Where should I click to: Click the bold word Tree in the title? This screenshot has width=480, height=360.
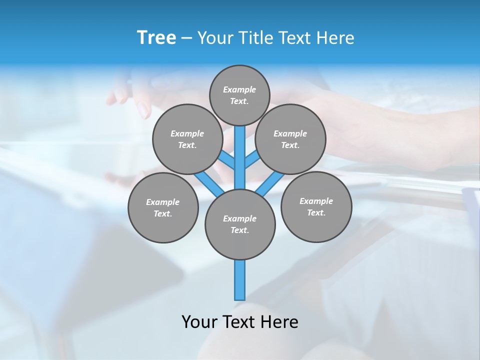tap(156, 38)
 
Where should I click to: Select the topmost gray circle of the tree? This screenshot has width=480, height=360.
tap(239, 95)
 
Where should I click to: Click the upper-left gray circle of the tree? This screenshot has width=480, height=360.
tap(187, 139)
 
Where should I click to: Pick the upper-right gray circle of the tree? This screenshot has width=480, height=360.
tap(290, 139)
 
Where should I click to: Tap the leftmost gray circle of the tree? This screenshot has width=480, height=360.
tap(163, 207)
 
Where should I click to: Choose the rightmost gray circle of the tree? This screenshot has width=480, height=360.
tap(316, 206)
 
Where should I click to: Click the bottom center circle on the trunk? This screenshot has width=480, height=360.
tap(240, 224)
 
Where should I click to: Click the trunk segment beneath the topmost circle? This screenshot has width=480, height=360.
tap(240, 150)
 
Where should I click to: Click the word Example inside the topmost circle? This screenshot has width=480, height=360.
tap(239, 89)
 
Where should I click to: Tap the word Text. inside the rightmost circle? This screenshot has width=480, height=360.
tap(316, 212)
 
